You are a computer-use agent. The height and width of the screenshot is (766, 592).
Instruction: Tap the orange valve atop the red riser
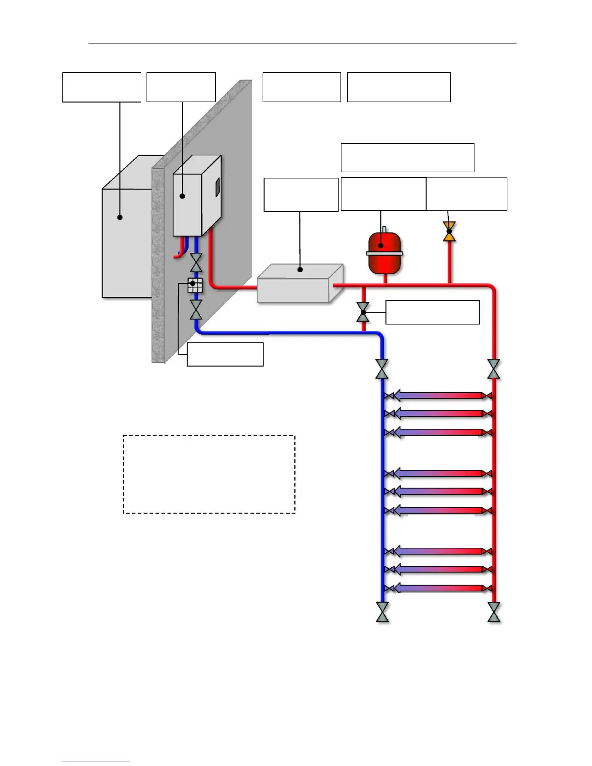tap(449, 232)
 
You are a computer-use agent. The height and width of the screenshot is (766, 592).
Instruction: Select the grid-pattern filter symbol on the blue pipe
tap(194, 286)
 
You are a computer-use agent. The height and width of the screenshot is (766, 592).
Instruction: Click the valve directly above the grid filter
tap(196, 262)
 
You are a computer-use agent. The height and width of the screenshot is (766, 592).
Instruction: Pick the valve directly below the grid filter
tap(196, 309)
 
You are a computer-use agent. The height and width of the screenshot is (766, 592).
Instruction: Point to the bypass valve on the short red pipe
tap(363, 312)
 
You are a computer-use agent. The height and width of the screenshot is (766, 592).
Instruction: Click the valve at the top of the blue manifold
tap(382, 369)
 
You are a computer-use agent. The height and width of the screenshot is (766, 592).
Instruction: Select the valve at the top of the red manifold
tap(494, 369)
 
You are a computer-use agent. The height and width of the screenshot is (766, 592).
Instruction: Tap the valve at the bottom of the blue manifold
tap(382, 612)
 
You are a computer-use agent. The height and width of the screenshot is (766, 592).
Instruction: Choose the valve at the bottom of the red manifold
tap(494, 612)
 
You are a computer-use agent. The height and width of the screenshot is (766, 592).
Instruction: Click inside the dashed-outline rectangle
tap(209, 474)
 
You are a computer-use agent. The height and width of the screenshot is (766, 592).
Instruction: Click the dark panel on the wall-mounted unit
tap(218, 188)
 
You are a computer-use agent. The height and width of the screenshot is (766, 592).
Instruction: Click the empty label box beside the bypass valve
tap(432, 312)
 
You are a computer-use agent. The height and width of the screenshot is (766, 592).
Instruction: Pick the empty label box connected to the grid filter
tap(225, 354)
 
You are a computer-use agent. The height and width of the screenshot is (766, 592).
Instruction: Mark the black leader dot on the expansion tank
tap(381, 246)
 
